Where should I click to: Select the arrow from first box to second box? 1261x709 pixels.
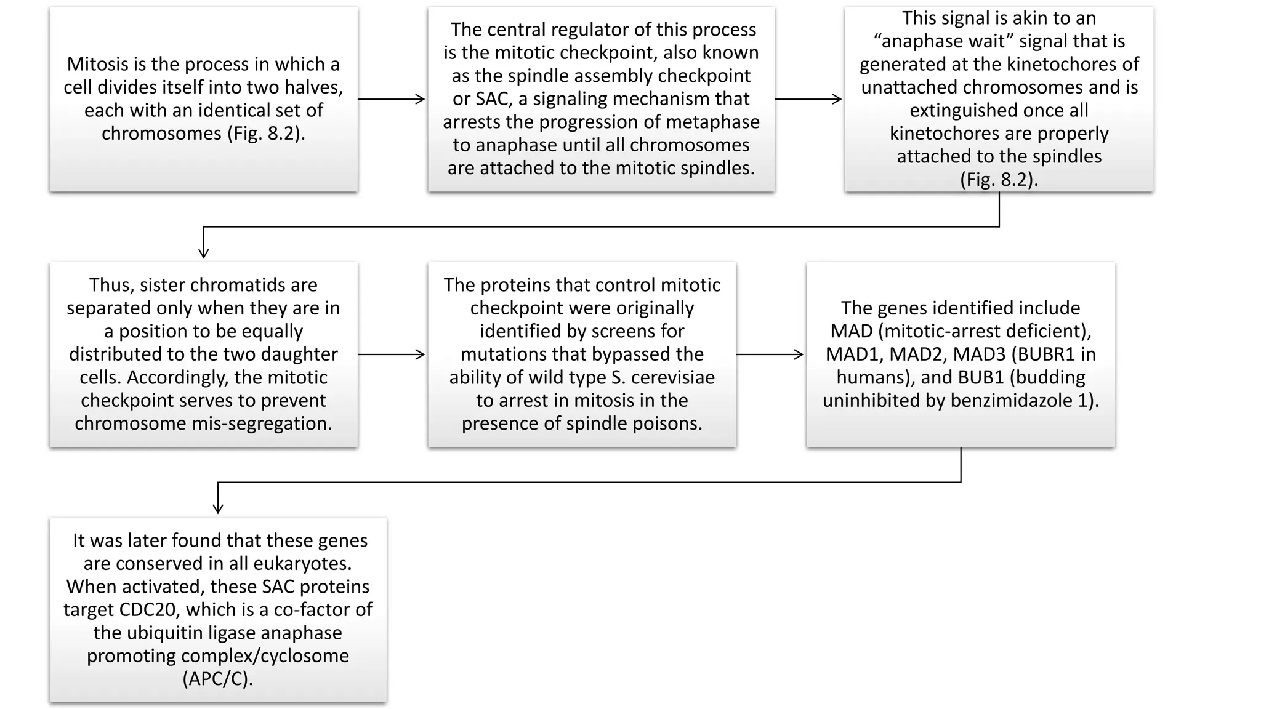pyautogui.click(x=392, y=99)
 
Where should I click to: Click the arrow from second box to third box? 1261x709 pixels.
pyautogui.click(x=808, y=99)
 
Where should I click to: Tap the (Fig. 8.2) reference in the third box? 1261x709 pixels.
pyautogui.click(x=999, y=179)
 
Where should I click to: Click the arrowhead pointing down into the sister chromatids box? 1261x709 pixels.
pyautogui.click(x=204, y=252)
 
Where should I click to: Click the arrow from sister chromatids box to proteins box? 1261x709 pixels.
pyautogui.click(x=392, y=354)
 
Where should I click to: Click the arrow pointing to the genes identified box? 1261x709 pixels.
pyautogui.click(x=770, y=354)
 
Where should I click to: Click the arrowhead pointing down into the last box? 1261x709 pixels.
pyautogui.click(x=218, y=508)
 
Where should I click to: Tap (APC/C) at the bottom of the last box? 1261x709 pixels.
pyautogui.click(x=218, y=679)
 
